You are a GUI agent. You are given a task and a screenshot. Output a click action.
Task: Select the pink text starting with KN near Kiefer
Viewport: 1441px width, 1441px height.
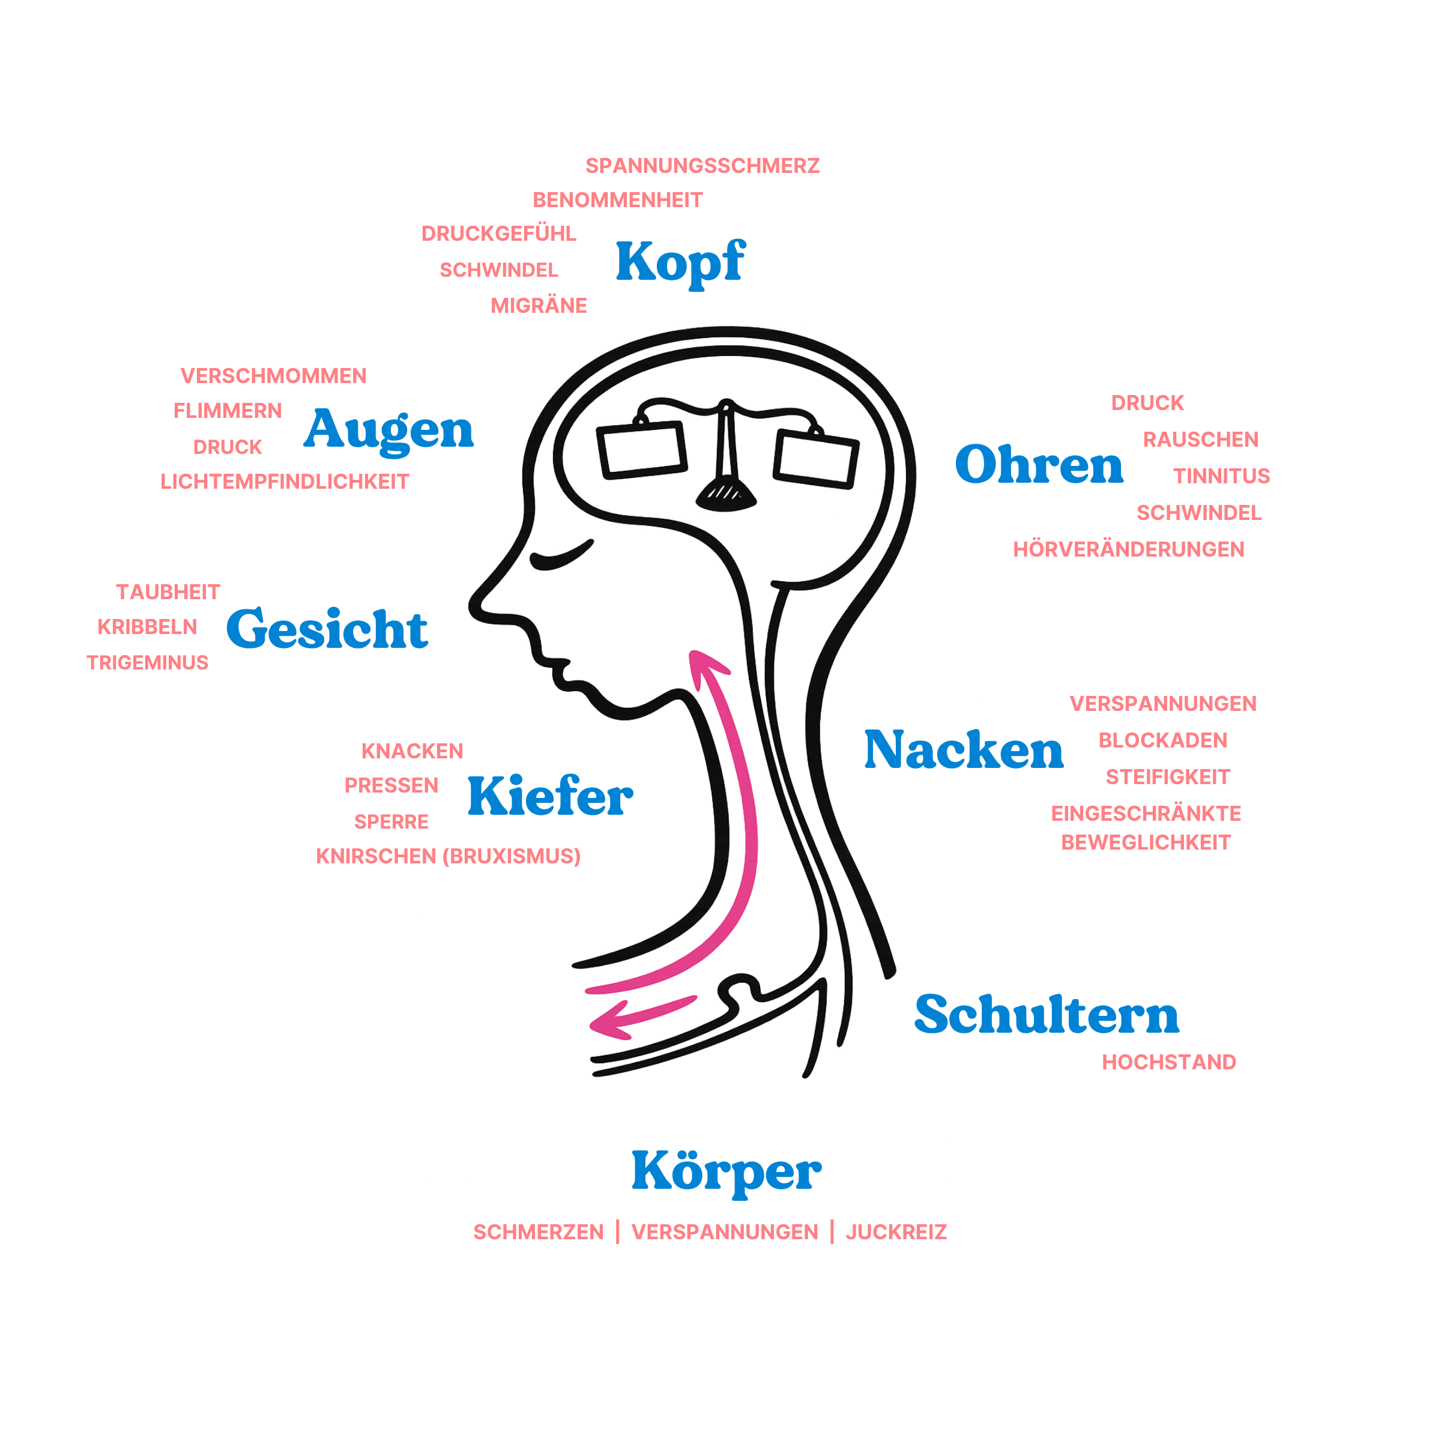coord(447,856)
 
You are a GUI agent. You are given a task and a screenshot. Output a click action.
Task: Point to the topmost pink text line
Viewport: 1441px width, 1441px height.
coord(701,166)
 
